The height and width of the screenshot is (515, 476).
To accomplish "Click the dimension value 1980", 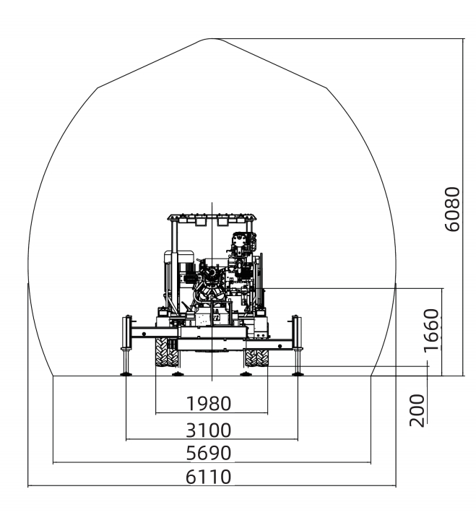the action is point(209,403).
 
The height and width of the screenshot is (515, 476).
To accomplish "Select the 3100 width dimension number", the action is point(209,430).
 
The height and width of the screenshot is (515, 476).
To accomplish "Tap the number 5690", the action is point(209,453).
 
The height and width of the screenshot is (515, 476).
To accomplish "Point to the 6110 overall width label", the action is point(209,477).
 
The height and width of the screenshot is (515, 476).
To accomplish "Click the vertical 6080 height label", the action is point(452,209).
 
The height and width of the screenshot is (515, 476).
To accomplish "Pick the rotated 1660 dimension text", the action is point(431,330).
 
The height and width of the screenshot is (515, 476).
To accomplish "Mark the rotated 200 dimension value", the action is point(417,410).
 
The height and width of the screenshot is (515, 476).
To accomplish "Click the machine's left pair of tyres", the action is point(168,352).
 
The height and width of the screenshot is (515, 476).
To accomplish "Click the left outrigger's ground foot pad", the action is point(126,373).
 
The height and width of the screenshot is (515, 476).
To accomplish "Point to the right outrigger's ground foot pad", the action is point(298,373).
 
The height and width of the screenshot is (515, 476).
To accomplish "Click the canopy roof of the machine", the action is point(212,217).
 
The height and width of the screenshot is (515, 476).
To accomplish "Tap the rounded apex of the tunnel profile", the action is point(212,39).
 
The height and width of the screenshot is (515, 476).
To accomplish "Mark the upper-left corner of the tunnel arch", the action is point(98,87).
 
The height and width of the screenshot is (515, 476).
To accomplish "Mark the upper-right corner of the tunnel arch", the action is point(326,87).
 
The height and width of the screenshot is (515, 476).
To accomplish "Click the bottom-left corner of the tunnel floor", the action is point(53,376).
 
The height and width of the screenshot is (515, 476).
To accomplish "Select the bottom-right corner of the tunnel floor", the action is point(371,376).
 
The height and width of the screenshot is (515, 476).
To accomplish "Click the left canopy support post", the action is point(174,266).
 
